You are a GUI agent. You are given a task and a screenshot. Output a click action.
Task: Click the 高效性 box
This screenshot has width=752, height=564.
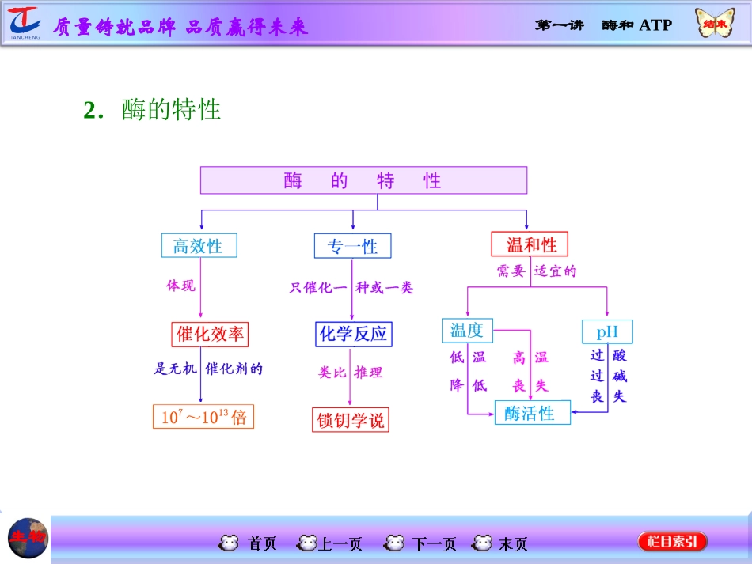(x=198, y=246)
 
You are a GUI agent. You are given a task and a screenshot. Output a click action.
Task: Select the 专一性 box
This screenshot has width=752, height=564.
(x=352, y=246)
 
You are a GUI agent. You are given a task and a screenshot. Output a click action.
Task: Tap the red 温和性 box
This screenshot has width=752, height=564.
(x=530, y=244)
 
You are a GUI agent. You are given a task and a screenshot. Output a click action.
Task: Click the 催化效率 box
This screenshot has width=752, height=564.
(x=210, y=334)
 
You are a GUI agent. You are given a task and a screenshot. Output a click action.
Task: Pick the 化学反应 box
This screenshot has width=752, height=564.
(x=353, y=334)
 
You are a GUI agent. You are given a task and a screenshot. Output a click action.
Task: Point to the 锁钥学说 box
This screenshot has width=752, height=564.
(x=351, y=420)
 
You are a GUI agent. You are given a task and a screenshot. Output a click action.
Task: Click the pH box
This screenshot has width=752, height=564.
(x=607, y=331)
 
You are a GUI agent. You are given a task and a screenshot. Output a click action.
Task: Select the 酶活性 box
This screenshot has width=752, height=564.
(x=532, y=412)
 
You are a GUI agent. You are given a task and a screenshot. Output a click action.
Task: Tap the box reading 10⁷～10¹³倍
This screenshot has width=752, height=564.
(x=203, y=417)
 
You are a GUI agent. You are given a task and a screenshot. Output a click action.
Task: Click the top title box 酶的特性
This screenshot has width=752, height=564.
(x=363, y=180)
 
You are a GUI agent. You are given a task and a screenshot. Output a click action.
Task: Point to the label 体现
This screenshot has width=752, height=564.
(x=180, y=286)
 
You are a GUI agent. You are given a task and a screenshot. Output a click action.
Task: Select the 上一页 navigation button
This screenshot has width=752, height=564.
(x=330, y=543)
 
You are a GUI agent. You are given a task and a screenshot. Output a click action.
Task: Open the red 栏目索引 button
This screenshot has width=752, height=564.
(x=672, y=542)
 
